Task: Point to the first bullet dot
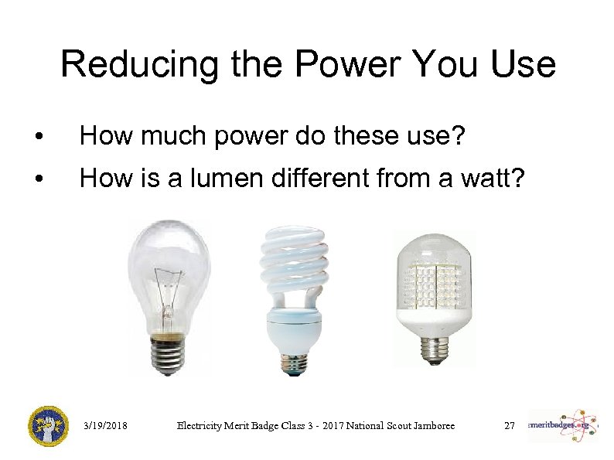[39, 138]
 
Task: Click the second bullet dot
[39, 180]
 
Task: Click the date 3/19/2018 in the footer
[105, 425]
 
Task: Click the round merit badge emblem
[47, 426]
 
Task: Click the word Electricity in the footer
[203, 425]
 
